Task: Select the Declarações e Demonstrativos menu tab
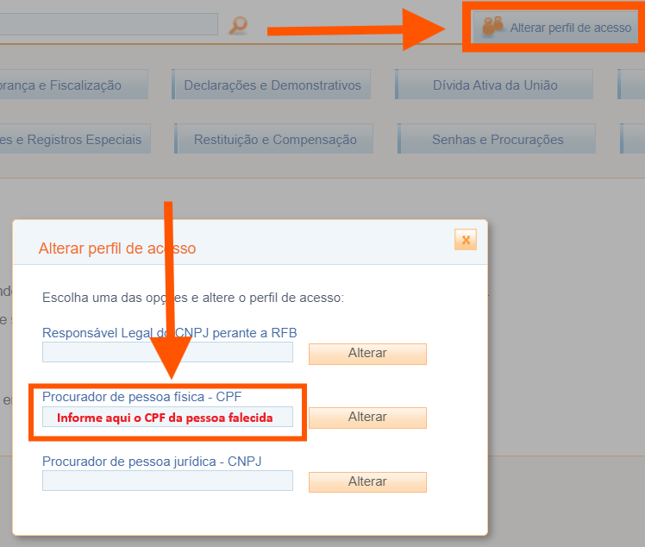point(272,85)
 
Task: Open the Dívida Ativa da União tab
point(495,85)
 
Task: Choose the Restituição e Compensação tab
point(275,140)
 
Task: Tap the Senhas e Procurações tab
point(498,140)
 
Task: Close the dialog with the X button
point(466,240)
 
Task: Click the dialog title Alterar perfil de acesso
point(117,248)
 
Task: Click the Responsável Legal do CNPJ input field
point(167,352)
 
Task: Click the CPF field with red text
point(167,418)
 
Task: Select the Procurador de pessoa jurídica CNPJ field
point(167,481)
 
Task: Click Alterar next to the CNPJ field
point(367,481)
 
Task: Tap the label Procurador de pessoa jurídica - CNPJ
point(152,462)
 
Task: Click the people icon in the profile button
point(493,28)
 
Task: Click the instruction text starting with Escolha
point(193,298)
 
